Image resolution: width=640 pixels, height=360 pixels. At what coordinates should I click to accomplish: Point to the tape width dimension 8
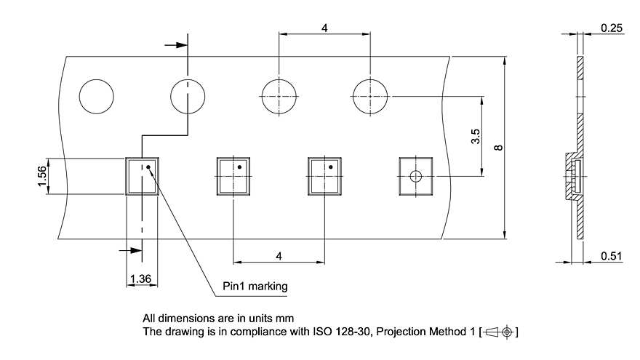(497, 148)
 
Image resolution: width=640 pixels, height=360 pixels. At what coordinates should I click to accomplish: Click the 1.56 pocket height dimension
(42, 176)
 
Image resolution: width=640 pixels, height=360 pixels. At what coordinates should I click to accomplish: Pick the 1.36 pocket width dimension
(140, 279)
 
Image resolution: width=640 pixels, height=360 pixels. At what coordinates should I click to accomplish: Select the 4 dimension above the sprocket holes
(324, 28)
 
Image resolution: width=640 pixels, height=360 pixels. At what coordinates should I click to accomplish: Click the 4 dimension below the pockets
(279, 255)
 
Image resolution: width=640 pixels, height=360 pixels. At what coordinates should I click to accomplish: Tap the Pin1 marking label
(255, 286)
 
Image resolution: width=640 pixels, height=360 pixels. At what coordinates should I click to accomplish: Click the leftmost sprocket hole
(97, 96)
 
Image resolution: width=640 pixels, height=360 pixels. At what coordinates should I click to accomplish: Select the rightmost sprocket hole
(371, 96)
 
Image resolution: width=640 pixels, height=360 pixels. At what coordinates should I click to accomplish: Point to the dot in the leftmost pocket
(148, 167)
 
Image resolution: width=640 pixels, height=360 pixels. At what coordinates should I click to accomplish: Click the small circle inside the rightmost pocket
(416, 176)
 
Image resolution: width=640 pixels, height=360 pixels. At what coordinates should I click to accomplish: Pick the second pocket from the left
(233, 176)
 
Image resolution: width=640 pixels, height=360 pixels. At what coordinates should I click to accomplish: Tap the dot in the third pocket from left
(330, 167)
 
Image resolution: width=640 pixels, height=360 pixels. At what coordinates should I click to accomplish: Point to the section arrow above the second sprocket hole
(175, 45)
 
